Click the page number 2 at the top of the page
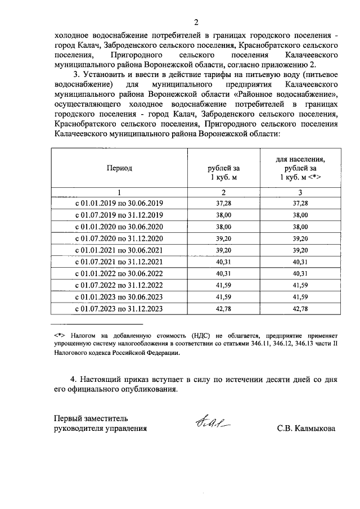196,22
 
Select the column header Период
119,168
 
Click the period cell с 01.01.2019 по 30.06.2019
119,203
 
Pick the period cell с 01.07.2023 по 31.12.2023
119,309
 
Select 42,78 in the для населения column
300,309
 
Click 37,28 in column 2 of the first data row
224,203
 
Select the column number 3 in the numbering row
300,192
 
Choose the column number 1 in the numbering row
119,192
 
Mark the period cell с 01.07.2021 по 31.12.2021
119,262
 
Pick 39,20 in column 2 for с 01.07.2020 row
224,238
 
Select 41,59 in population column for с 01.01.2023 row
300,297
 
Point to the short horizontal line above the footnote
96,325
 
